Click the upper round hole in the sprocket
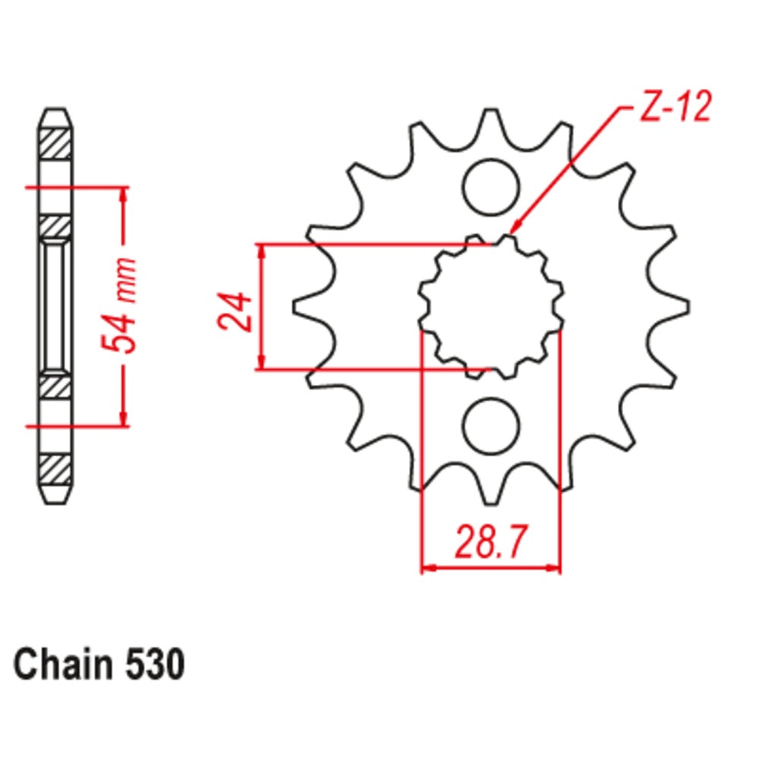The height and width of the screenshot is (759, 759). (x=491, y=186)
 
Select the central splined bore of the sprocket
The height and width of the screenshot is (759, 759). (x=491, y=307)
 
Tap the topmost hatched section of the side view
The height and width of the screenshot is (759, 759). (x=57, y=144)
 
